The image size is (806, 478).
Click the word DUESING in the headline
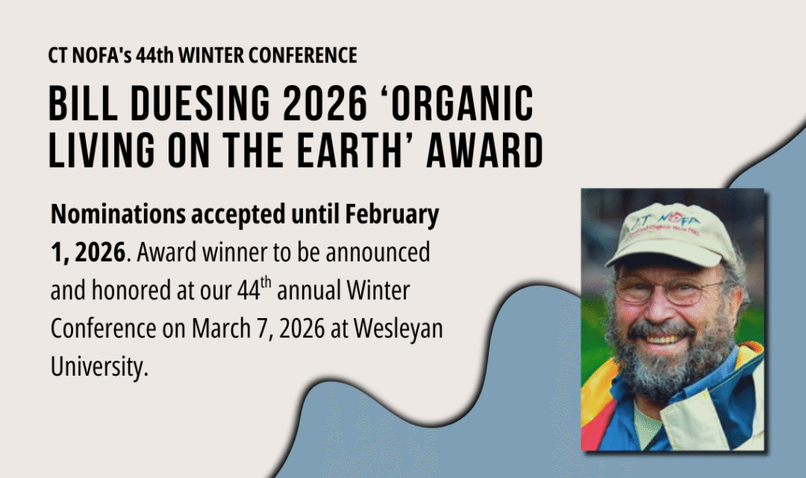[201, 103]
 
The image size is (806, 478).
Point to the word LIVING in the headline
[102, 150]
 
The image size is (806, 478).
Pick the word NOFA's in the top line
[102, 55]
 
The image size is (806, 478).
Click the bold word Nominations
[118, 214]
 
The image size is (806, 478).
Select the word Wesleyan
[398, 329]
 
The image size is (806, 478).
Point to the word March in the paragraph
[221, 328]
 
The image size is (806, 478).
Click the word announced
[378, 252]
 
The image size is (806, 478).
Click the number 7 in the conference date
[263, 329]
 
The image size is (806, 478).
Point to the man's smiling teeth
[662, 339]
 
